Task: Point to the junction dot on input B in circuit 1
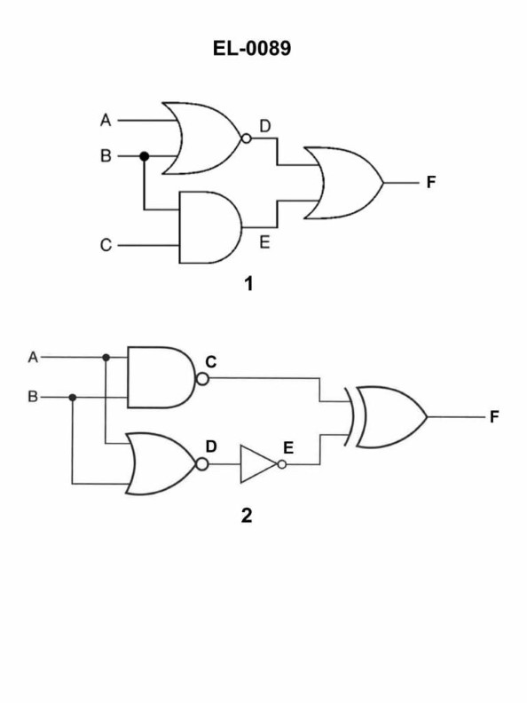tap(145, 156)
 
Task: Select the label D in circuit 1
tap(265, 127)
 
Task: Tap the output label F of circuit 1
tap(431, 183)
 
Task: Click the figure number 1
tap(249, 286)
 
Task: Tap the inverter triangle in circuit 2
tap(258, 464)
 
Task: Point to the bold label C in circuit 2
tap(211, 362)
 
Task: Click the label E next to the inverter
tap(290, 447)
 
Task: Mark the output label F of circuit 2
tap(495, 417)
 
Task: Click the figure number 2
tap(247, 516)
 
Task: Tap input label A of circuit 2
tap(34, 357)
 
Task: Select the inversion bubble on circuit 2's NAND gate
tap(202, 379)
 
